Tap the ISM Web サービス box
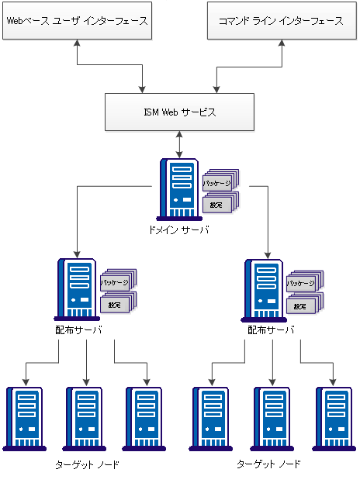180,112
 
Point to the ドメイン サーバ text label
179,230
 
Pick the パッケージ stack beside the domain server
219,183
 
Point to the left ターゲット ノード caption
87,464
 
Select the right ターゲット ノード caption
268,464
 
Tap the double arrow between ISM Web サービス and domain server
180,144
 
